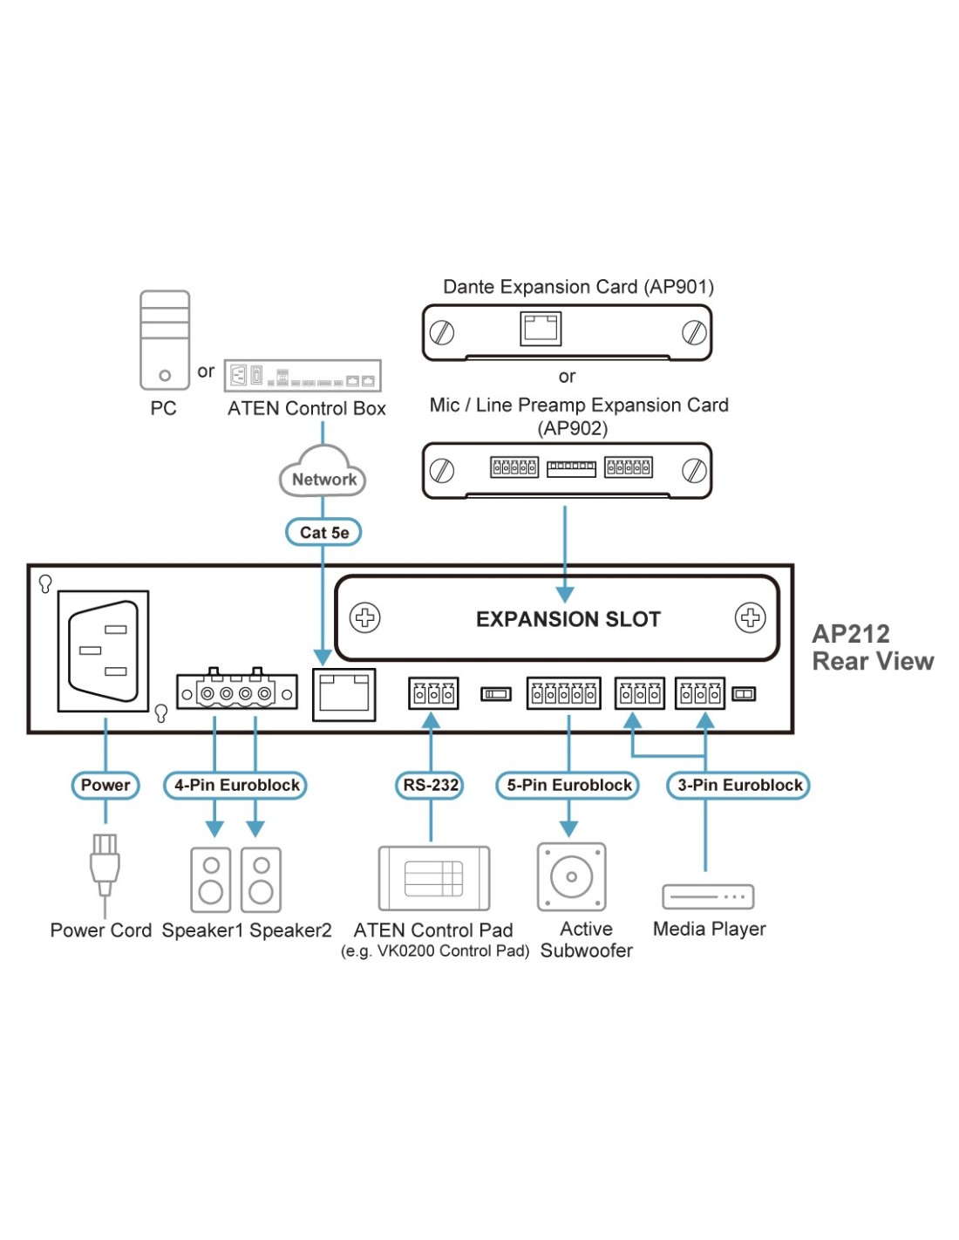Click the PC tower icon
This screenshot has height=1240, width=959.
tap(165, 340)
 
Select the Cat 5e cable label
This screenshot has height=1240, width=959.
tap(323, 532)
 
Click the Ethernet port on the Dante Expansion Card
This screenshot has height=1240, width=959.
tap(541, 329)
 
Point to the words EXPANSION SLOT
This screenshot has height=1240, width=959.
tap(568, 619)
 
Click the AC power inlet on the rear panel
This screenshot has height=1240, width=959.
tap(103, 651)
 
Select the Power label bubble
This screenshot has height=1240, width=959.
tap(105, 785)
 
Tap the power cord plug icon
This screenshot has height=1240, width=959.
tap(105, 863)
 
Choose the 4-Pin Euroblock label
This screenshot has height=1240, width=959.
tap(236, 785)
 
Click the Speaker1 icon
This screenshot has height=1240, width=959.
tap(211, 879)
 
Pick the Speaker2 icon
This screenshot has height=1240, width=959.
tap(261, 879)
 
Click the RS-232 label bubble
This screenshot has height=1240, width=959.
tap(431, 785)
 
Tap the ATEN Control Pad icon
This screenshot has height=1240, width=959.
tap(433, 878)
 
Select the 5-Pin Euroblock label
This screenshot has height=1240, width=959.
tap(568, 785)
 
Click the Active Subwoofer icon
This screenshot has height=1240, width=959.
tap(571, 876)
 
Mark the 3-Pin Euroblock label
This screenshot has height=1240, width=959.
tap(739, 785)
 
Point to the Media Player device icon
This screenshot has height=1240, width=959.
tap(708, 896)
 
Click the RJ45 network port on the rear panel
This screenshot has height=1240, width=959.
tap(344, 694)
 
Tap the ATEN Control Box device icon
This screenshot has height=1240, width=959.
tap(303, 376)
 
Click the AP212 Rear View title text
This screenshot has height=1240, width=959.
tap(872, 647)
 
